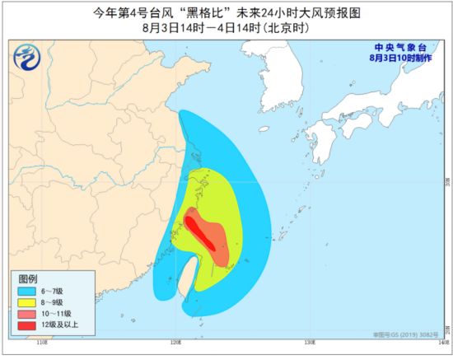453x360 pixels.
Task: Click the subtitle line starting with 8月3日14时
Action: (x=226, y=29)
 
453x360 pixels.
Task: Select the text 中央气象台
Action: (x=398, y=47)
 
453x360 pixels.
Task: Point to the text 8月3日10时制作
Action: (x=398, y=58)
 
